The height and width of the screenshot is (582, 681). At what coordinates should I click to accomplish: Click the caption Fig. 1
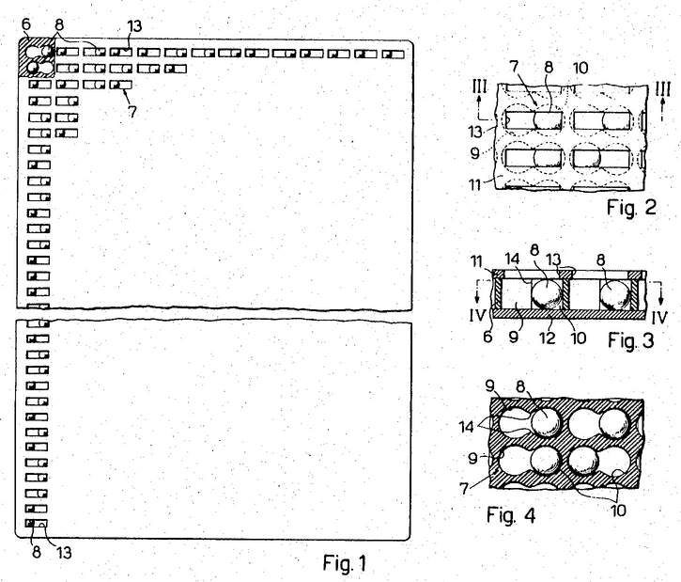click(345, 563)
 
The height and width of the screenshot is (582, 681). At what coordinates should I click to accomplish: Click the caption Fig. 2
click(631, 208)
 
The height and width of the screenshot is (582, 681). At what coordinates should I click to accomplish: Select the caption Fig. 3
click(630, 340)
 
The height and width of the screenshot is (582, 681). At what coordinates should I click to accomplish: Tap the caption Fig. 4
click(511, 515)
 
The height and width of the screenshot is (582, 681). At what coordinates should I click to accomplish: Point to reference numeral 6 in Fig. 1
click(26, 24)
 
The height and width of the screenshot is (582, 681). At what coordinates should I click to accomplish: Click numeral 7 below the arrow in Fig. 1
click(132, 112)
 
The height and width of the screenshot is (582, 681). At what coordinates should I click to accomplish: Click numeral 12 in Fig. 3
click(548, 338)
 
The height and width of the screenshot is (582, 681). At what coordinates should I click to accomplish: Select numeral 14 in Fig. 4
click(466, 427)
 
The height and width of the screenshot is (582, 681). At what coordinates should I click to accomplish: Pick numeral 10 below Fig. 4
click(618, 511)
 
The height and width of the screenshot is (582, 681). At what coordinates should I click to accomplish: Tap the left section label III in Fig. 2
click(479, 87)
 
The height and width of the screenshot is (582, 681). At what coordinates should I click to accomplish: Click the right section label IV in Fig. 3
click(658, 317)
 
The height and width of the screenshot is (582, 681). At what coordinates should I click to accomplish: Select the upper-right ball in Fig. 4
click(613, 423)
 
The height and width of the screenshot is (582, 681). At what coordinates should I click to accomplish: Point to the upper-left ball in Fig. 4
click(546, 422)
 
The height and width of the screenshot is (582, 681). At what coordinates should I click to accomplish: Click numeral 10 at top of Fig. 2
click(580, 68)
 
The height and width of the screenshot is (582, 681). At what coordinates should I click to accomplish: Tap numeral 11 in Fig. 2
click(475, 184)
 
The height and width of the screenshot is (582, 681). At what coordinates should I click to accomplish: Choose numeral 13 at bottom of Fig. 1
click(64, 553)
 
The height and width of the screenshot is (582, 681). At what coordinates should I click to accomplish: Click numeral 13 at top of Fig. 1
click(134, 26)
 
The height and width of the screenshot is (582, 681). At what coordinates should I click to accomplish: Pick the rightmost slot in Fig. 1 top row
click(393, 54)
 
